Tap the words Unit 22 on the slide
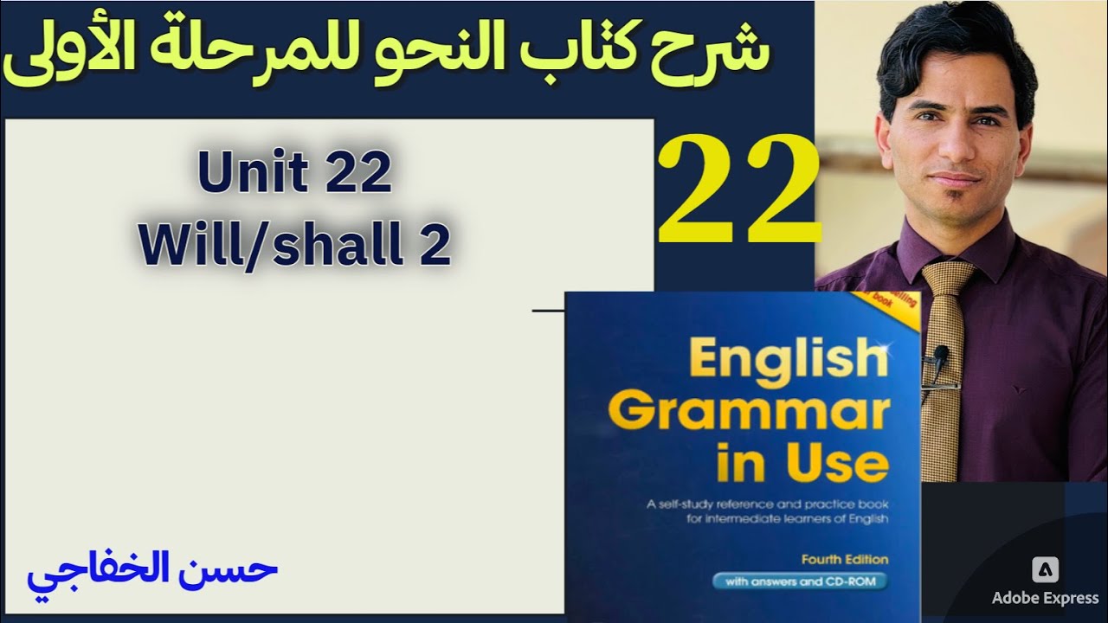(x=294, y=175)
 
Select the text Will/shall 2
(x=294, y=246)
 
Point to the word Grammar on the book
(x=748, y=413)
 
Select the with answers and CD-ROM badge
(x=799, y=581)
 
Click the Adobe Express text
(x=1046, y=599)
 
